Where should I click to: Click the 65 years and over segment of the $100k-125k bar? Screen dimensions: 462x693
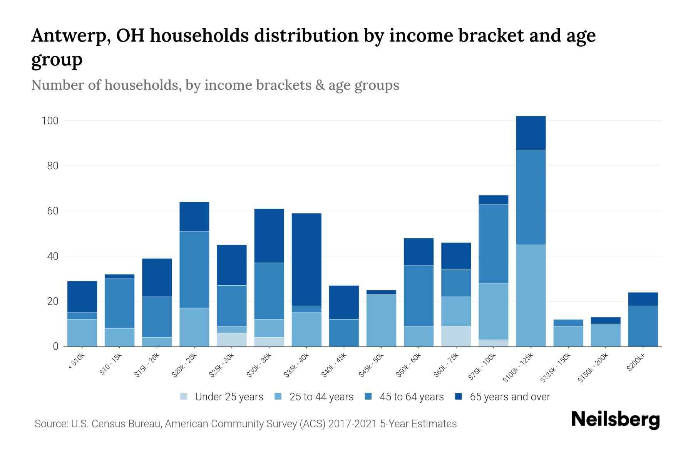(x=531, y=133)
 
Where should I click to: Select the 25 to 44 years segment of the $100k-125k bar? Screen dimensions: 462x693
(x=531, y=295)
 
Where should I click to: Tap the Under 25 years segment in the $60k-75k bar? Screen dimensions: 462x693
(x=456, y=336)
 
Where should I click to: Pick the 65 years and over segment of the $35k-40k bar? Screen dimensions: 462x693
(x=306, y=259)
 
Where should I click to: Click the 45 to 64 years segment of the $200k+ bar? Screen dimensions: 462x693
(x=643, y=326)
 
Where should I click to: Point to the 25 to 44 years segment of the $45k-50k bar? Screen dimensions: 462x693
(x=381, y=320)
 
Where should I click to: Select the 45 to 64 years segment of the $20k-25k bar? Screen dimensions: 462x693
(x=194, y=269)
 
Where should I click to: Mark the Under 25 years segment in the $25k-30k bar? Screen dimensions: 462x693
(x=231, y=340)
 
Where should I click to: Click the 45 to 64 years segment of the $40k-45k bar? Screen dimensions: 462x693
(x=344, y=333)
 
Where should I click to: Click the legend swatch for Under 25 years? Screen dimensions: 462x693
(x=184, y=397)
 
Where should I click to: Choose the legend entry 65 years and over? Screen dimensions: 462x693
(x=509, y=397)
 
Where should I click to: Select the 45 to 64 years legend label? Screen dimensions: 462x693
(x=411, y=397)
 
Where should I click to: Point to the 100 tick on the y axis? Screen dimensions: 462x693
(x=50, y=121)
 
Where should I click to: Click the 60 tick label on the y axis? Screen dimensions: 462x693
(x=52, y=211)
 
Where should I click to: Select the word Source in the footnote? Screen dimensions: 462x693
(x=50, y=424)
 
